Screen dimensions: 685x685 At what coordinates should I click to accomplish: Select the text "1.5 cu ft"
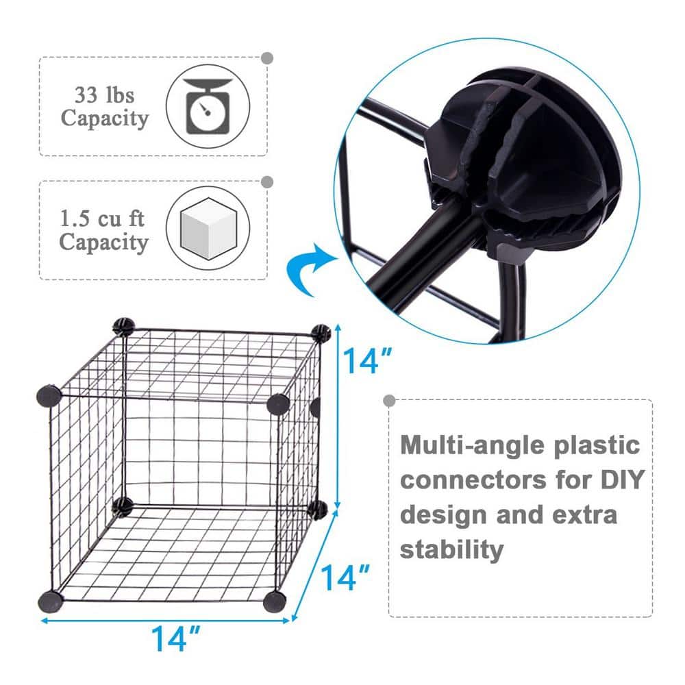(103, 219)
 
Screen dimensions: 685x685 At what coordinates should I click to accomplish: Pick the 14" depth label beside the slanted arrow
(347, 578)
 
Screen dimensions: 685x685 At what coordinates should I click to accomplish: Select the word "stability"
(452, 549)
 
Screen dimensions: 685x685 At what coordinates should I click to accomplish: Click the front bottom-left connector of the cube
(50, 600)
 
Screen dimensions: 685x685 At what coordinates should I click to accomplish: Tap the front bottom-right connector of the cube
(274, 601)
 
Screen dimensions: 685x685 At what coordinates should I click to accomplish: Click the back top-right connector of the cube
(321, 333)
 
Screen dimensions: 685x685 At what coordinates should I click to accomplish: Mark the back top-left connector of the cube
(123, 326)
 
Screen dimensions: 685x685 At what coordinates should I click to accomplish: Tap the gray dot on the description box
(390, 400)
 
